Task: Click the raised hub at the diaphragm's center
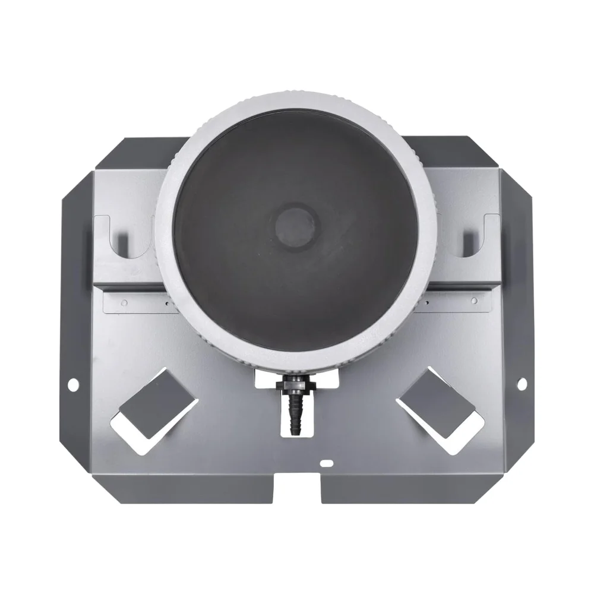coord(297,223)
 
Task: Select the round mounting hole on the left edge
coord(72,385)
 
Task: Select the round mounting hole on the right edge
coord(522,384)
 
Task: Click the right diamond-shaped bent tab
coord(438,402)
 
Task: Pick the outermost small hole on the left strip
coord(124,302)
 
